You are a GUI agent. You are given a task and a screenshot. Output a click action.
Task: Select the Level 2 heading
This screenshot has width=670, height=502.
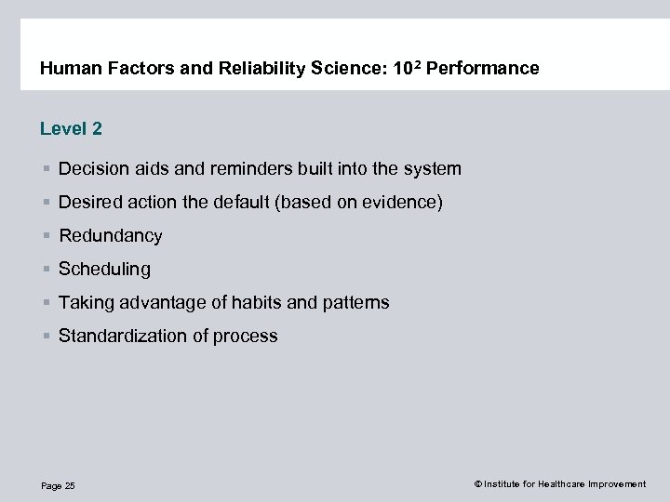(71, 129)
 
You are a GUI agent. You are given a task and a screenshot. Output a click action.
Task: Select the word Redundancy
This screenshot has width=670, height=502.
(110, 236)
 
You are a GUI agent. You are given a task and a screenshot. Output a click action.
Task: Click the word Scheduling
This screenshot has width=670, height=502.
(104, 270)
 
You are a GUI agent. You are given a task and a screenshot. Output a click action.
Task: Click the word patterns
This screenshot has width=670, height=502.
(354, 303)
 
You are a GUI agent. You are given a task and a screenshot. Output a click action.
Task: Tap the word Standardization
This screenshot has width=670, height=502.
(123, 336)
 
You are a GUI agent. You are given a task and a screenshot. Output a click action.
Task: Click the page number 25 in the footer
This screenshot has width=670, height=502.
(70, 486)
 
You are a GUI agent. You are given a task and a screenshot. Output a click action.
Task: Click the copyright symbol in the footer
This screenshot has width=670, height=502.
(477, 484)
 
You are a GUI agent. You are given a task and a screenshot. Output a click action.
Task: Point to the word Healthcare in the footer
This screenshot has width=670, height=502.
(556, 484)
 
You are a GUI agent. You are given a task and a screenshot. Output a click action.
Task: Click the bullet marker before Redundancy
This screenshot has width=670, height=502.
(46, 236)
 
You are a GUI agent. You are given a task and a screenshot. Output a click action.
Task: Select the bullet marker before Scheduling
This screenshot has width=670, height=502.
(46, 270)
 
